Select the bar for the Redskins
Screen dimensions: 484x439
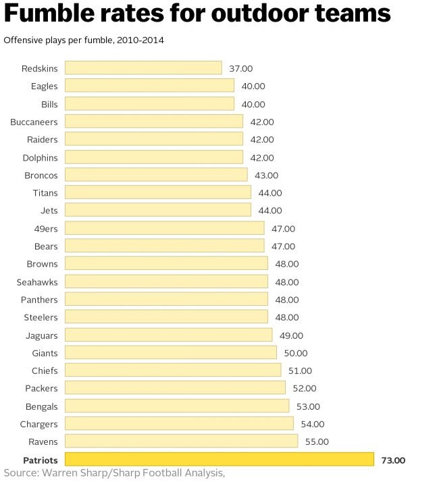coord(143,68)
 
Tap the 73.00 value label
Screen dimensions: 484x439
coord(393,460)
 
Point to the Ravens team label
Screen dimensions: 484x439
coord(43,441)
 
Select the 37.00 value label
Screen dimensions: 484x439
coord(241,68)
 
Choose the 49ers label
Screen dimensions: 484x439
coord(45,228)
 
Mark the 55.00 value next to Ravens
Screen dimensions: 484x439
coord(317,441)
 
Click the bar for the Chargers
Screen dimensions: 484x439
coord(179,424)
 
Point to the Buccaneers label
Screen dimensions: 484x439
coord(34,122)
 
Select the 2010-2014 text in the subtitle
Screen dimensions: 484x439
coord(140,41)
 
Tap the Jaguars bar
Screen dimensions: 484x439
coord(168,335)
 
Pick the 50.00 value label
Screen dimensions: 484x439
coord(295,352)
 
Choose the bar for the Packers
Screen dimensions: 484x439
coord(175,388)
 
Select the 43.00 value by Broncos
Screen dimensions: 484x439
coord(266,175)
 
